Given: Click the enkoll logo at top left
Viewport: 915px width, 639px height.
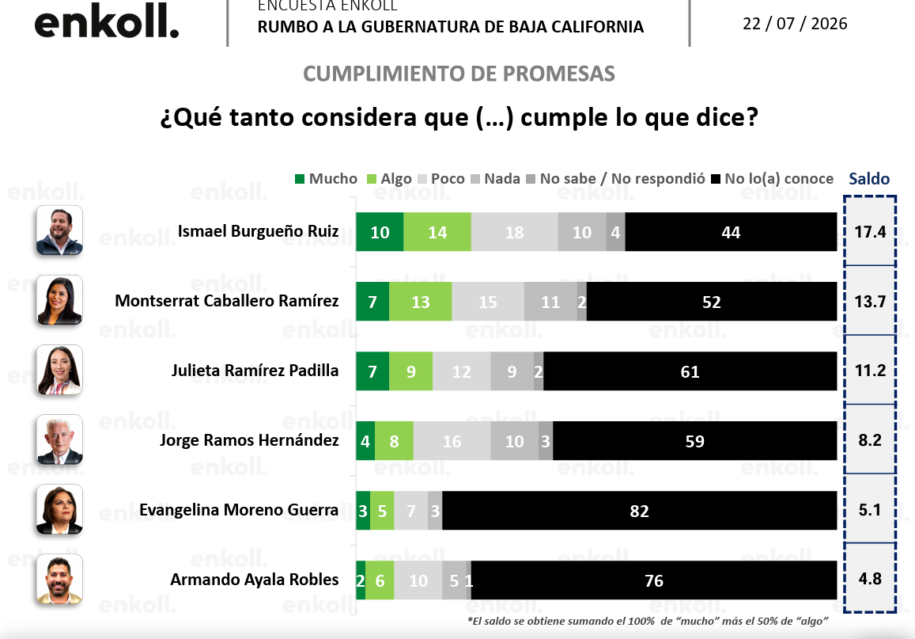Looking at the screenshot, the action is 107,21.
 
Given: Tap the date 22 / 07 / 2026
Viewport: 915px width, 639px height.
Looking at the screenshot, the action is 795,24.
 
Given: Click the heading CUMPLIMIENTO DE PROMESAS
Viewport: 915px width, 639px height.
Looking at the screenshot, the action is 459,74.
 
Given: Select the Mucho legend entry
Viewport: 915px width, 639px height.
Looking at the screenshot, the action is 326,179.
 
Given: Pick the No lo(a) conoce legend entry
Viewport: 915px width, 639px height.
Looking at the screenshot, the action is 772,179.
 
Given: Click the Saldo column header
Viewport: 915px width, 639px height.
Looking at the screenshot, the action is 869,179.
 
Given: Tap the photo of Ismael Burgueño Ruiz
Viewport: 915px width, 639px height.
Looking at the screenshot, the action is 59,230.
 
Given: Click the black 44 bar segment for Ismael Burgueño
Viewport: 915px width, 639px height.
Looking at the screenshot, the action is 731,232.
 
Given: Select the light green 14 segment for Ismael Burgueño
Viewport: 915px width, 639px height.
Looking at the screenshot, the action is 437,232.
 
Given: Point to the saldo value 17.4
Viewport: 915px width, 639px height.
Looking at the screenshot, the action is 870,232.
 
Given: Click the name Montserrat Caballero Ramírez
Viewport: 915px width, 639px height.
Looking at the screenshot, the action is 226,300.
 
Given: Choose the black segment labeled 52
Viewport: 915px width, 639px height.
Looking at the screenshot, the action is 711,302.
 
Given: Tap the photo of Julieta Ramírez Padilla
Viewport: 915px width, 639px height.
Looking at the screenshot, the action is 59,370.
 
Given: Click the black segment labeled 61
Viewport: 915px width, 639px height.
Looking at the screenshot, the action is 690,371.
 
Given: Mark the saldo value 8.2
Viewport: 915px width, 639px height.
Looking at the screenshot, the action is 869,439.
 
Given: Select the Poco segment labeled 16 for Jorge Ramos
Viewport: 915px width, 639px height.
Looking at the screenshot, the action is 452,440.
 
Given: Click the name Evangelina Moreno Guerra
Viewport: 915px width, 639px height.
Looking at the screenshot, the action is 239,509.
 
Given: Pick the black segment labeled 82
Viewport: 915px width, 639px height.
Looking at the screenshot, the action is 640,511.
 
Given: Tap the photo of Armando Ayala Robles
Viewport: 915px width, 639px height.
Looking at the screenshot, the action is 59,579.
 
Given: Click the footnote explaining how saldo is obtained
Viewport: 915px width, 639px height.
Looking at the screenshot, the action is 648,621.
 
